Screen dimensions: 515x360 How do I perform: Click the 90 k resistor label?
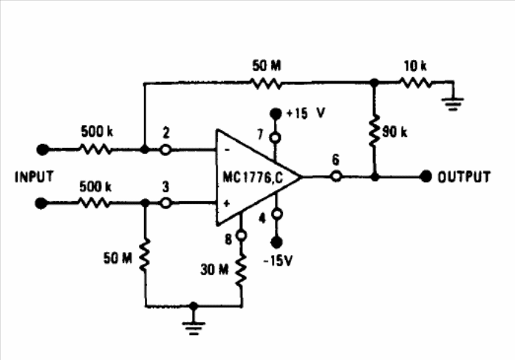point(395,132)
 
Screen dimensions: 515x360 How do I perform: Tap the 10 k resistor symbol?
point(415,83)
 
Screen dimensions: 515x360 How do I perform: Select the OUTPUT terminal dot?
point(426,177)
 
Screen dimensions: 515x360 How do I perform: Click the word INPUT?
point(34,177)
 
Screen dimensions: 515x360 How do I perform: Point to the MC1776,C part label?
point(253,177)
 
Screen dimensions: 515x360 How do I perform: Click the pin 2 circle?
point(166,150)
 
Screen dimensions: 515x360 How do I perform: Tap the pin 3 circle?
point(166,203)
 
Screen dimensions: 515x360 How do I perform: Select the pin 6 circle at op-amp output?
point(335,177)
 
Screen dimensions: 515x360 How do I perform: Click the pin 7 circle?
point(276,138)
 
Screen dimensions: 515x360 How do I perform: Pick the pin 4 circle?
point(277,214)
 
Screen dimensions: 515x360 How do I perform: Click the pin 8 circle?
point(242,236)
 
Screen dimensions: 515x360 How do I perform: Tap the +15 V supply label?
point(306,113)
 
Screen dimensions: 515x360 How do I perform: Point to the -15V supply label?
point(279,261)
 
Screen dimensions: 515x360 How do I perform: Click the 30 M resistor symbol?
point(242,270)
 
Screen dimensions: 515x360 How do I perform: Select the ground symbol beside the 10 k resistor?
point(453,103)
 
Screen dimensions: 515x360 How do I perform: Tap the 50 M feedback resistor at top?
point(266,83)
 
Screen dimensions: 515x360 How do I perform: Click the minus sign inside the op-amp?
point(228,151)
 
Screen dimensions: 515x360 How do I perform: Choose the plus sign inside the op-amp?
point(227,203)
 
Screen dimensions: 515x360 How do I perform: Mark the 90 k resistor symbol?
point(374,131)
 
